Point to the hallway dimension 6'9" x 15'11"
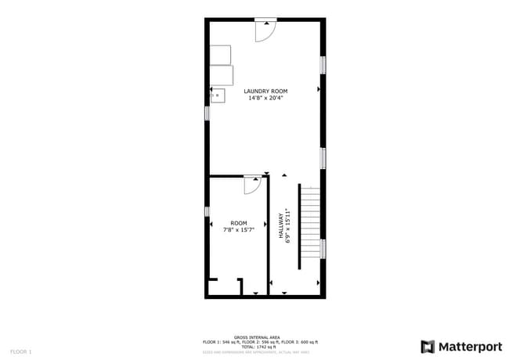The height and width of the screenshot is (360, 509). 288,225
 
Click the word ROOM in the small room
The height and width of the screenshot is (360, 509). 238,223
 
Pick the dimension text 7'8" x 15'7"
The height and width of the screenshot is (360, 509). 238,230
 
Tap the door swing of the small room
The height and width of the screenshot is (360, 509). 252,185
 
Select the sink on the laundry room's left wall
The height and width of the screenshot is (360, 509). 217,95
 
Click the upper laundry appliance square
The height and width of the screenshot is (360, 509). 220,54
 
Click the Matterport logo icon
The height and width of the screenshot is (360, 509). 428,346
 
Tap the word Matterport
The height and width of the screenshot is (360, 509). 469,346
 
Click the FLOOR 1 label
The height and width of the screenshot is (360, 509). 20,351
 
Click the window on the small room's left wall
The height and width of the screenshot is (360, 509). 208,211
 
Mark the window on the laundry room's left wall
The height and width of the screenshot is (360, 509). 208,113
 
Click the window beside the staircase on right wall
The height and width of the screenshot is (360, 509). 323,249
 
